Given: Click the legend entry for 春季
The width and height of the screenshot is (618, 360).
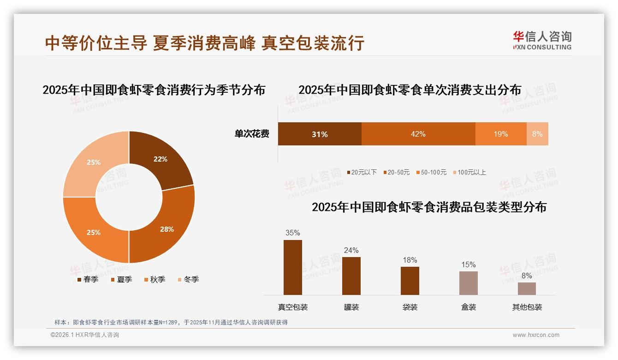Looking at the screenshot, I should (x=87, y=279).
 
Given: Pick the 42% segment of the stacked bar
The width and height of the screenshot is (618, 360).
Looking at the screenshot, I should (x=418, y=134).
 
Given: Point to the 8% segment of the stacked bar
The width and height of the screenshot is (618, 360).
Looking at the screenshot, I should (x=537, y=134).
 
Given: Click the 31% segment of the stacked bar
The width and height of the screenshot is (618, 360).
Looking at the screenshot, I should (x=319, y=134).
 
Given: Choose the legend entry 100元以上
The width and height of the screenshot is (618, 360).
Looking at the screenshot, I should (x=469, y=172).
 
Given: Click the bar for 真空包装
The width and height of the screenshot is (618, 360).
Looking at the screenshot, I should (x=292, y=267).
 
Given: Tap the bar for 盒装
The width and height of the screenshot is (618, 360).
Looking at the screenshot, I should (x=468, y=283).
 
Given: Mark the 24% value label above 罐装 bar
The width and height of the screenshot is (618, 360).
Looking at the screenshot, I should (x=351, y=250).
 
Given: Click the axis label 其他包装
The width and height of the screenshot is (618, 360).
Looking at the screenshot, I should (x=527, y=307).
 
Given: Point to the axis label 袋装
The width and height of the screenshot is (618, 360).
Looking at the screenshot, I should (x=410, y=307).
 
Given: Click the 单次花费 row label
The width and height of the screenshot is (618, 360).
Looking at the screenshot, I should (x=252, y=134).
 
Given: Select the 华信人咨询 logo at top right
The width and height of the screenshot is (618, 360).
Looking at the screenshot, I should (x=542, y=40).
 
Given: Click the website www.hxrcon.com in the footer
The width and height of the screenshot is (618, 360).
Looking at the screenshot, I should (x=536, y=335).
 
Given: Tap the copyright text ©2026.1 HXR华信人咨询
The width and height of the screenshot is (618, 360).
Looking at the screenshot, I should (x=85, y=335).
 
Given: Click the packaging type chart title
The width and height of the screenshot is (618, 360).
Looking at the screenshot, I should (x=429, y=207).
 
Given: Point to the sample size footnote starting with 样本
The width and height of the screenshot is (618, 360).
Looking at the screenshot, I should (x=171, y=322).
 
